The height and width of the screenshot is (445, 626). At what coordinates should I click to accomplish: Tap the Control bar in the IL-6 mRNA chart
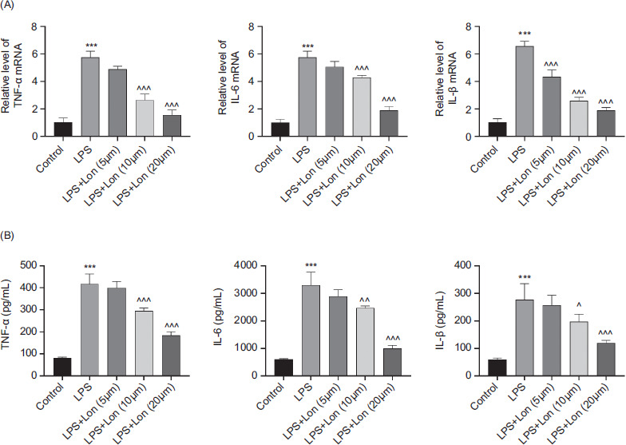point(280,129)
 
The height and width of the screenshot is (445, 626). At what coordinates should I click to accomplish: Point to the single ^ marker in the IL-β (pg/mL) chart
point(553,304)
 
